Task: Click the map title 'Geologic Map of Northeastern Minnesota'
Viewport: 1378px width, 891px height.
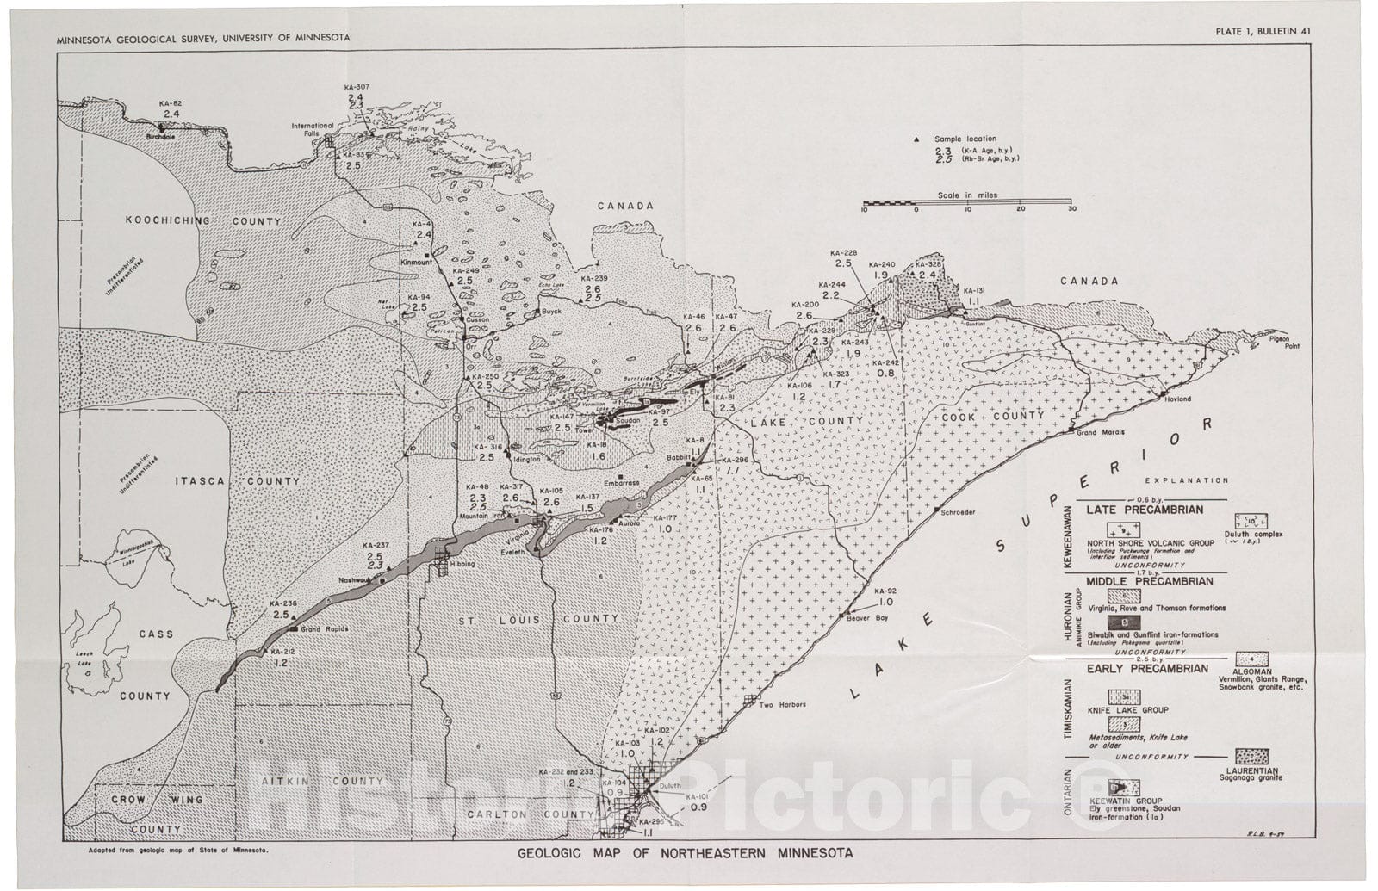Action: pyautogui.click(x=686, y=854)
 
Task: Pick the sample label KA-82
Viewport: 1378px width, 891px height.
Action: pyautogui.click(x=171, y=103)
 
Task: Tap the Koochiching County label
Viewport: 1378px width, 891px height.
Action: pyautogui.click(x=203, y=221)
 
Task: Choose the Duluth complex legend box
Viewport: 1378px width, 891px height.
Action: pyautogui.click(x=1253, y=521)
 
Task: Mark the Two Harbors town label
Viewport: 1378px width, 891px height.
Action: pyautogui.click(x=782, y=704)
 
